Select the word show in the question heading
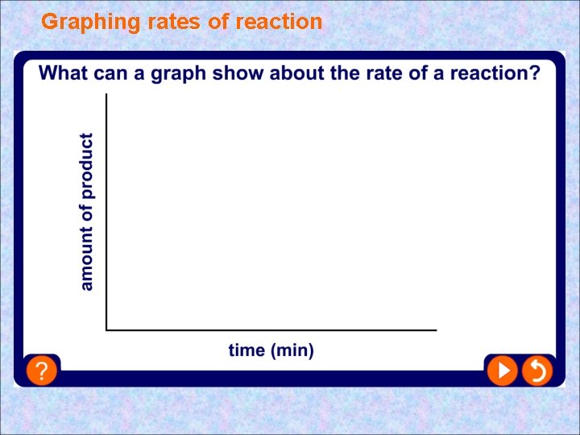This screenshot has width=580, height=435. [242, 74]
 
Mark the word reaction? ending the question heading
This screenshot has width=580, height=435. [492, 74]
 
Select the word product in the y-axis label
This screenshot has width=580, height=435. [86, 165]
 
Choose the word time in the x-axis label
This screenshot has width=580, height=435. [246, 350]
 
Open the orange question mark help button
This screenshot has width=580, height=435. [41, 371]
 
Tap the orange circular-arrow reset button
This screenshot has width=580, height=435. [536, 371]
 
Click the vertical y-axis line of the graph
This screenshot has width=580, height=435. [106, 209]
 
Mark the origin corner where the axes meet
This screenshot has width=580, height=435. [106, 329]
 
